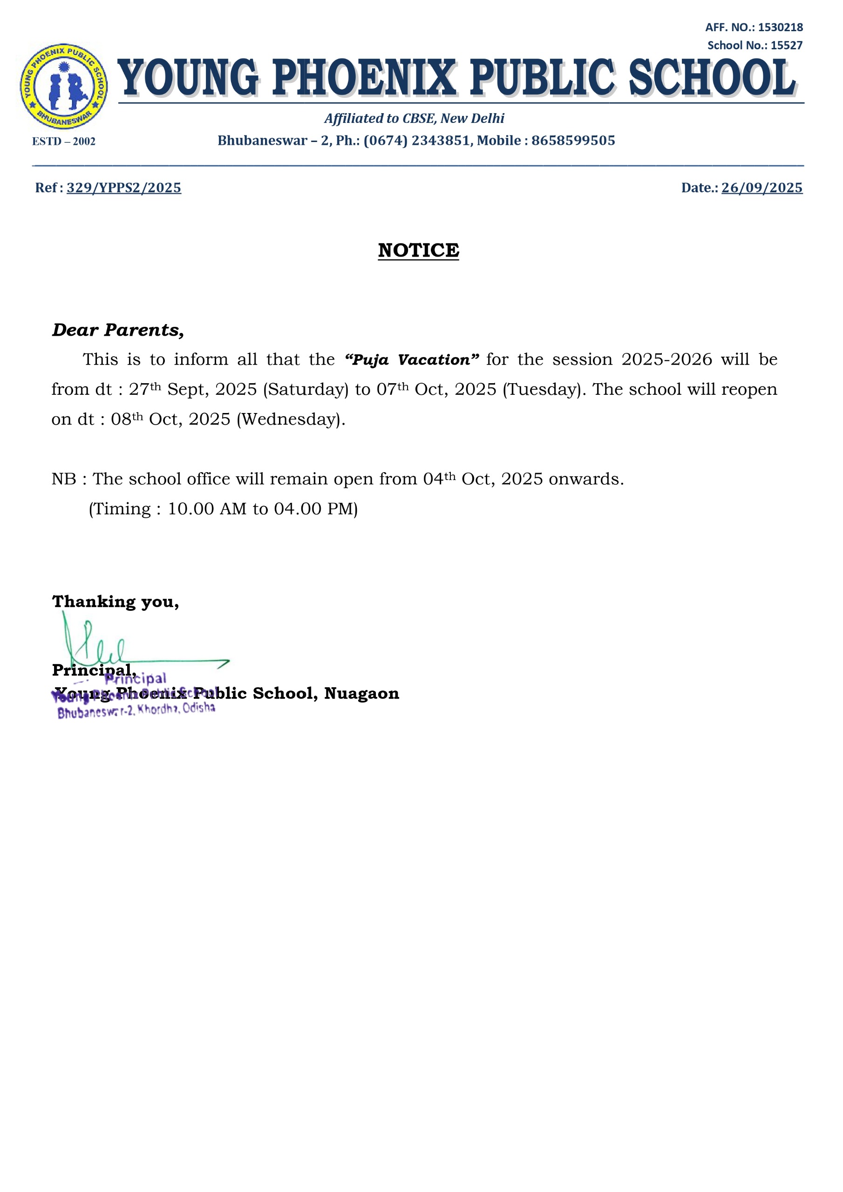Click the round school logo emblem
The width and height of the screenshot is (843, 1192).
click(64, 86)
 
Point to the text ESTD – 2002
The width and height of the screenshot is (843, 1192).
click(64, 142)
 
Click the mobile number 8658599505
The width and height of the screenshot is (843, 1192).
click(573, 141)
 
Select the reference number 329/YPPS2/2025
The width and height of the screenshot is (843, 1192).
click(123, 188)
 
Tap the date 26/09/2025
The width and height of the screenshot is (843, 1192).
click(761, 188)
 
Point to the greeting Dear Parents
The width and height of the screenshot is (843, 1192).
click(118, 330)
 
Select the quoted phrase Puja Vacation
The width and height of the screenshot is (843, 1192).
click(411, 360)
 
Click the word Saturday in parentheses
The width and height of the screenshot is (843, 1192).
click(306, 390)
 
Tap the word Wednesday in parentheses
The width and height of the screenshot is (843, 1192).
click(291, 420)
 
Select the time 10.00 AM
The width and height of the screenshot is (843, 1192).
click(207, 509)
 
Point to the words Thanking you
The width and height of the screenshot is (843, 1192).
click(116, 602)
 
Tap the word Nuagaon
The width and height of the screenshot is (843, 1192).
click(361, 694)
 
